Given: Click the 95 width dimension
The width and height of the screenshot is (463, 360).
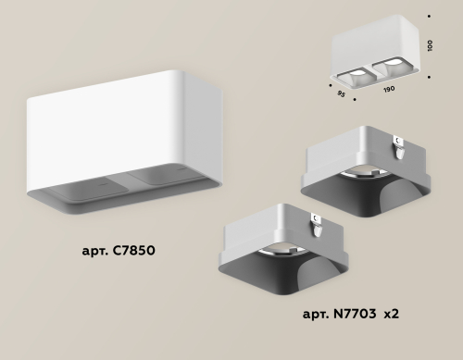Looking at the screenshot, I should pos(342,92).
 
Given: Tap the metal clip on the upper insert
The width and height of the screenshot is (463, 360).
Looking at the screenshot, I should pos(398,141).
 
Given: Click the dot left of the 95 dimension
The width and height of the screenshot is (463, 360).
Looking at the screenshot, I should pos(332,81).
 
